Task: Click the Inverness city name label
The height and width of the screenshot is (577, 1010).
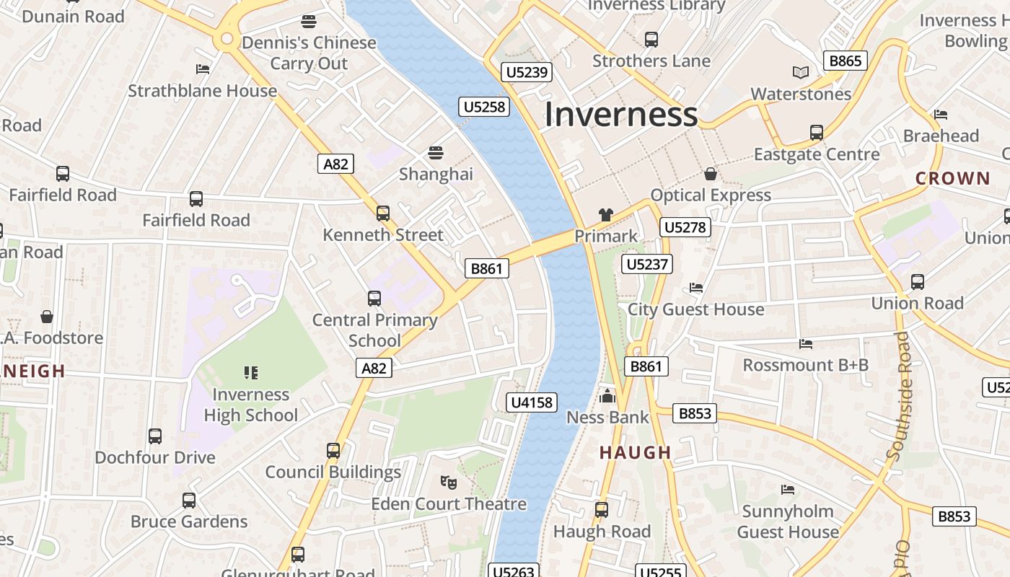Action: pos(620,115)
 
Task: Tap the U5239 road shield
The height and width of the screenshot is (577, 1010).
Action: pos(527,72)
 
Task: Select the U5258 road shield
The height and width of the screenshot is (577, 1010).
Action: pos(484,107)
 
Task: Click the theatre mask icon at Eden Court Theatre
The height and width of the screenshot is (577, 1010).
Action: pos(448,481)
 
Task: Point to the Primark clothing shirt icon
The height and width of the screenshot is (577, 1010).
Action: pos(605,214)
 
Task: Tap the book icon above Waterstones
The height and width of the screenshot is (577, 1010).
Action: pos(801,72)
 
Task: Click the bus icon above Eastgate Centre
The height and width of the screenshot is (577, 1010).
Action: pos(816,133)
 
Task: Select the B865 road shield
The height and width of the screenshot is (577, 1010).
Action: pos(845,61)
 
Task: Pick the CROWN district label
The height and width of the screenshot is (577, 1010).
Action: pos(952,178)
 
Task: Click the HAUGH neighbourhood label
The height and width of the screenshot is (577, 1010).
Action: pos(636,453)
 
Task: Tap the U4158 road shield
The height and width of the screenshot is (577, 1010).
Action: pos(532,402)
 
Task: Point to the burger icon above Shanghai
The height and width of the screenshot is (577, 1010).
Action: pos(435,153)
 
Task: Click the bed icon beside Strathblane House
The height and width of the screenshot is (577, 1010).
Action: pos(203,69)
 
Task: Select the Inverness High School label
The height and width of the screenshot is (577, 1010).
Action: pos(250,405)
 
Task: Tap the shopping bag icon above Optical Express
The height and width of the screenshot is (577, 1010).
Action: pos(711,174)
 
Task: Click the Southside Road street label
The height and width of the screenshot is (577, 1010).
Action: pos(899,396)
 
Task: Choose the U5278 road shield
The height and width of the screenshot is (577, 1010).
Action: pos(685,228)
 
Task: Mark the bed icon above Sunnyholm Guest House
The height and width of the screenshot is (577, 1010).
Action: pos(788,490)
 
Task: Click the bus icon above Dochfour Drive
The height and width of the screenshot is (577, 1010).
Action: pos(155,436)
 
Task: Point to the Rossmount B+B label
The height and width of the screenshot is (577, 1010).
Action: pos(805,365)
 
